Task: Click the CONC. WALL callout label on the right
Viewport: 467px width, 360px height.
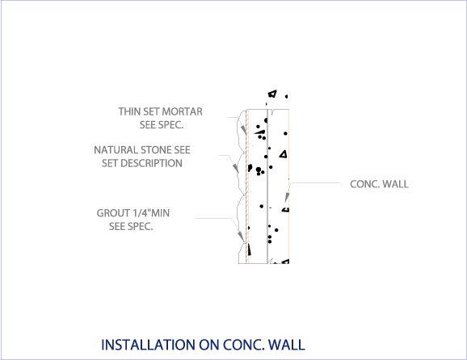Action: (x=379, y=184)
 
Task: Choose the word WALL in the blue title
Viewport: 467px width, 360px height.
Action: (x=287, y=345)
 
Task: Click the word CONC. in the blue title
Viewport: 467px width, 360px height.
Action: (x=244, y=345)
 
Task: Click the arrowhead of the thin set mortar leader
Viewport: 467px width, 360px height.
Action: (x=244, y=130)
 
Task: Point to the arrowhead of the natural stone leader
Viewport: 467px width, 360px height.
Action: (x=236, y=169)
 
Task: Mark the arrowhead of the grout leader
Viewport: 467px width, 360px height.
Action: (x=241, y=237)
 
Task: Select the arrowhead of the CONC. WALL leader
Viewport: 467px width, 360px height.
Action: (x=287, y=198)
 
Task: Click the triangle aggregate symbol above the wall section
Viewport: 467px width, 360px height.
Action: (x=272, y=94)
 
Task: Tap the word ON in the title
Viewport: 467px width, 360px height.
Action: (x=208, y=345)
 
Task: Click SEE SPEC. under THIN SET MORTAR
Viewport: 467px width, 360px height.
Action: (x=162, y=125)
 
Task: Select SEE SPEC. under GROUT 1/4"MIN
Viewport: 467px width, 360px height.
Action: (x=131, y=227)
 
